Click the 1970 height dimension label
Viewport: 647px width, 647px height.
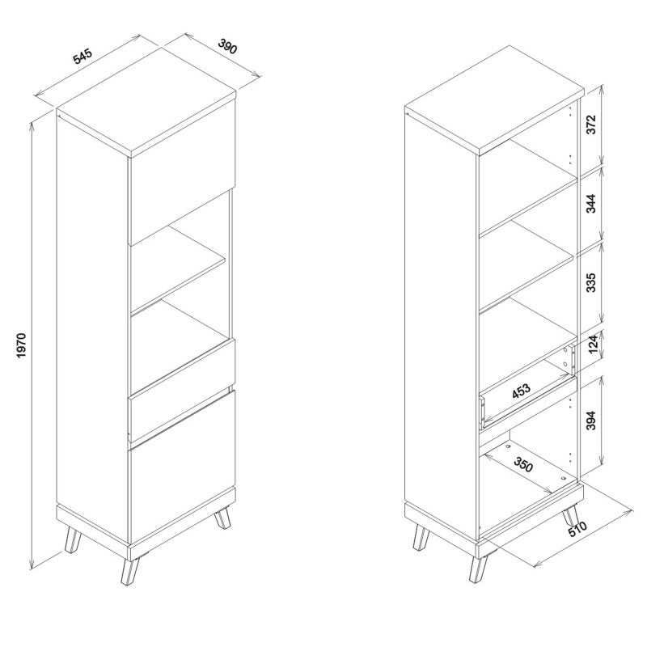pyautogui.click(x=22, y=345)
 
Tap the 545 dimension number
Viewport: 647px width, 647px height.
pyautogui.click(x=82, y=56)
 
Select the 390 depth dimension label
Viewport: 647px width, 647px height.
pyautogui.click(x=227, y=46)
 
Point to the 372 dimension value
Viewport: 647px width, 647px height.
pyautogui.click(x=591, y=125)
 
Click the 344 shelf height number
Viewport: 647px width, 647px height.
pyautogui.click(x=591, y=204)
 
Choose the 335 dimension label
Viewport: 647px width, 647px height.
pyautogui.click(x=591, y=282)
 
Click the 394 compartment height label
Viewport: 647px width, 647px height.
pyautogui.click(x=591, y=420)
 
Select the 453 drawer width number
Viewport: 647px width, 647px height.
pyautogui.click(x=521, y=391)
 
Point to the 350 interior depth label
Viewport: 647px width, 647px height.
pyautogui.click(x=523, y=464)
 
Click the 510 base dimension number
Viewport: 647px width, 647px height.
pyautogui.click(x=577, y=529)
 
